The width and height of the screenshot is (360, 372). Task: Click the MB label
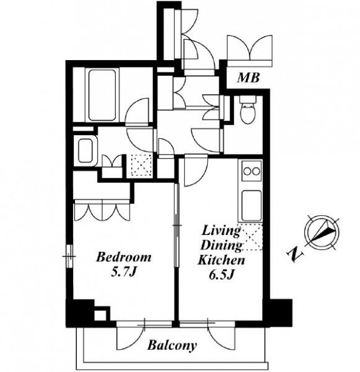pos(248,77)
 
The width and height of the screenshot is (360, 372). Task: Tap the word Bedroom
pos(123,257)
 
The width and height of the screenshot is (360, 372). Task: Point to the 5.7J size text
pos(123,272)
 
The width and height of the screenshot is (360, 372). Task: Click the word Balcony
pos(172,345)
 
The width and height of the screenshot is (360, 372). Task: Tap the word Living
pos(221,231)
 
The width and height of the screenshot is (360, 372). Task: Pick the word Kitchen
pos(221,260)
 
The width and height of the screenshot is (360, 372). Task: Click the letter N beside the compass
pos(296,254)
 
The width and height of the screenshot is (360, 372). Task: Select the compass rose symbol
pos(322,232)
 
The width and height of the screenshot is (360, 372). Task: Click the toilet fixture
pos(248,110)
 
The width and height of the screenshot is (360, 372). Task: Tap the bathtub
pos(102,95)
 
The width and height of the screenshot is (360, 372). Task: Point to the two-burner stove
pos(252,171)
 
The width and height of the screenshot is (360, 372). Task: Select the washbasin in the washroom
pos(86,151)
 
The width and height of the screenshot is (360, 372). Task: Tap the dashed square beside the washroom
pos(141,165)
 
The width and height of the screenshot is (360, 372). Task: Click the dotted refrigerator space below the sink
pos(251,237)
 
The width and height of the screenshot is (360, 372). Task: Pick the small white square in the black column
pos(100,316)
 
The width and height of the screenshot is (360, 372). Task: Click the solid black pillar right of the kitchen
pos(280,313)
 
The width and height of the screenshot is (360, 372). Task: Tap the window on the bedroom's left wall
pos(69,256)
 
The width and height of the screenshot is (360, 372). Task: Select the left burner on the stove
pos(247,171)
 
